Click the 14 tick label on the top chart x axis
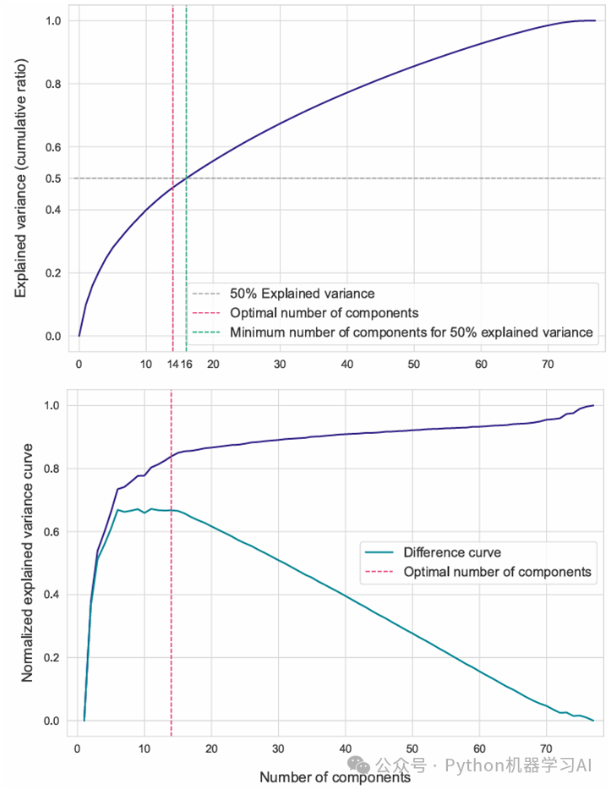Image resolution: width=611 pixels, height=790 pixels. click(x=172, y=364)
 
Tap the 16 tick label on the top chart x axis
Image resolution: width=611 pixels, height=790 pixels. click(x=187, y=364)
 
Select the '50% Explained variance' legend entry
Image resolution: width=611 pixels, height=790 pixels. click(x=302, y=294)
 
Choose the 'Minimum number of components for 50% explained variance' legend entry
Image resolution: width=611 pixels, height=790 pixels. click(x=411, y=332)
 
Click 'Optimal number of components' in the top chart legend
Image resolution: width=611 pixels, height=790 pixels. click(x=324, y=313)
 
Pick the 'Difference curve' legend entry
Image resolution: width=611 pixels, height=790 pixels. click(x=452, y=553)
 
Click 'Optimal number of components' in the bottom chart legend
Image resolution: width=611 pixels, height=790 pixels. click(x=497, y=573)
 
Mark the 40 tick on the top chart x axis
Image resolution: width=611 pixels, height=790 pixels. click(x=346, y=364)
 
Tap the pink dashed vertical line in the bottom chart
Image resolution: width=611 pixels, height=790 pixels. click(x=172, y=643)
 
